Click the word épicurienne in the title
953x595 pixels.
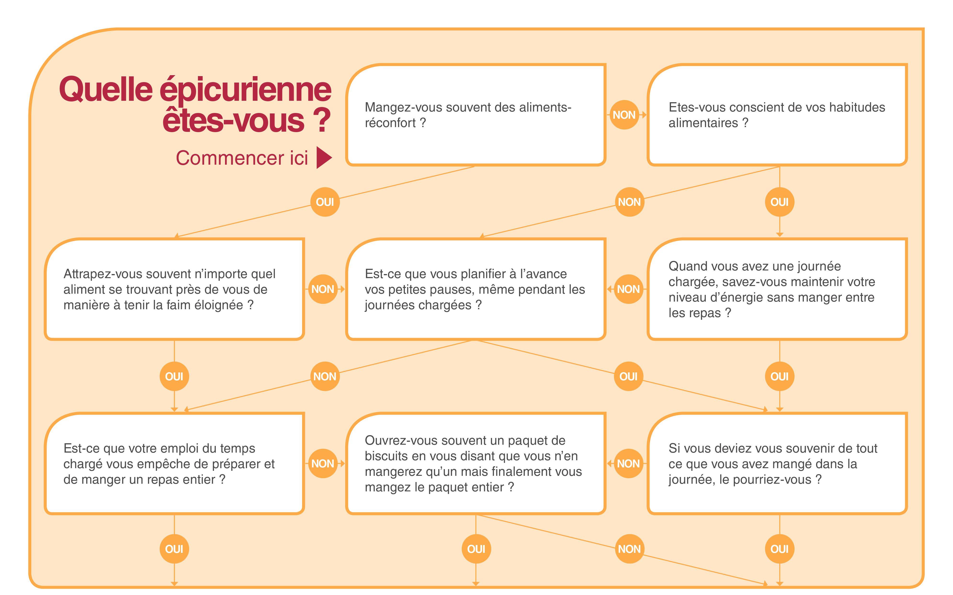tap(246, 90)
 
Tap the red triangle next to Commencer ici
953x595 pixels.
tap(324, 158)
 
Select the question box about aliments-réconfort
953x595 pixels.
tap(476, 114)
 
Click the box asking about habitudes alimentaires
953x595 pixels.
tap(777, 114)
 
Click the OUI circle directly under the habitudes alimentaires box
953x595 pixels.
tap(779, 202)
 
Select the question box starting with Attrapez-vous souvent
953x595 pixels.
tap(174, 289)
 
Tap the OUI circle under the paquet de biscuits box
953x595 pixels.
tap(476, 549)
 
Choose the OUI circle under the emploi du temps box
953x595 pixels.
tap(174, 549)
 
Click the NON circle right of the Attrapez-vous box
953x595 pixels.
tap(323, 289)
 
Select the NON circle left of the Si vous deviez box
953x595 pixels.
tap(628, 464)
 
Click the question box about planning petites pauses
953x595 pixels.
tap(476, 289)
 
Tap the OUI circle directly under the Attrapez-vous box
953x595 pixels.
tap(174, 376)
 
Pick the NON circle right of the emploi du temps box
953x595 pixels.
tap(323, 464)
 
